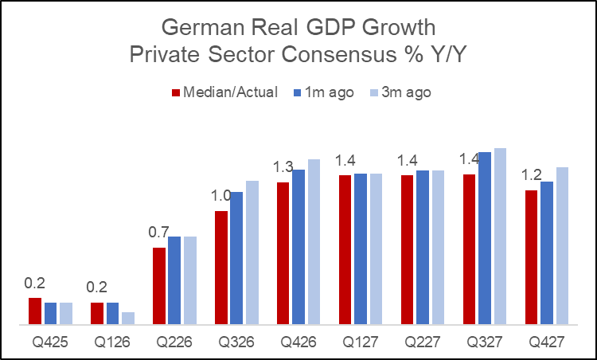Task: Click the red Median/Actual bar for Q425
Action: coord(35,311)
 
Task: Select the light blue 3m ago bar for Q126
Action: coord(128,318)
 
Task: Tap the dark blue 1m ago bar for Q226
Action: coord(174,280)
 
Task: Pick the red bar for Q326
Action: coord(221,268)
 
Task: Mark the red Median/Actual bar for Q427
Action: coord(531,257)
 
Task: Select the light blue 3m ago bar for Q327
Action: coord(500,237)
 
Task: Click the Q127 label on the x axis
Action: coord(361,342)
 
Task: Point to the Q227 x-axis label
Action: coord(422,342)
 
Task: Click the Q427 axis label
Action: coord(546,342)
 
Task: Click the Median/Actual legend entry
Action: coord(225,92)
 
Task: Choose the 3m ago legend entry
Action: coord(400,92)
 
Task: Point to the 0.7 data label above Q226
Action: coord(160,233)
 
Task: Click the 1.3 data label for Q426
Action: coord(285,167)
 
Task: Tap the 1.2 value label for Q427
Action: coord(533,175)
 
